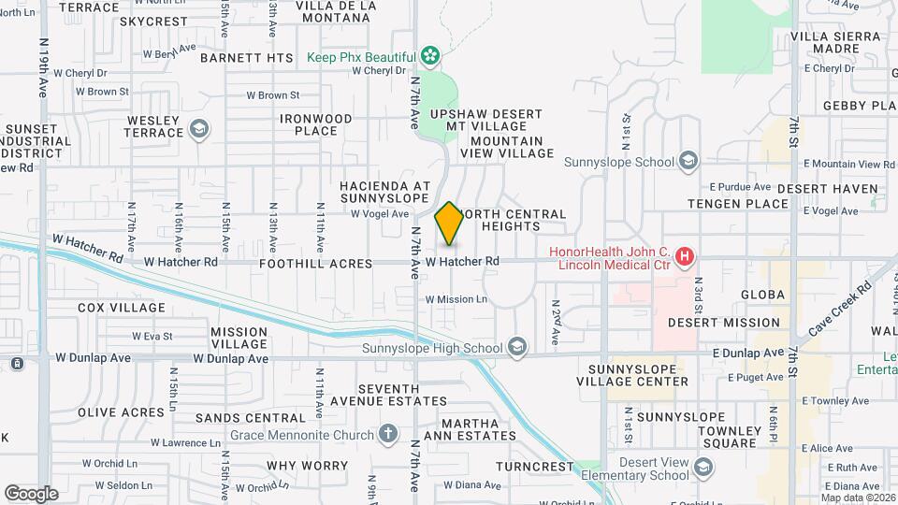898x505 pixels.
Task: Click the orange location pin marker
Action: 449,224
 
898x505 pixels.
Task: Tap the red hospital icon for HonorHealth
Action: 686,255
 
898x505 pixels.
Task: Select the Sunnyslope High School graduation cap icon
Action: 516,349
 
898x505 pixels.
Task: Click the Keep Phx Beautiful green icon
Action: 429,57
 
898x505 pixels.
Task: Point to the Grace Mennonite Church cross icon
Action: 388,433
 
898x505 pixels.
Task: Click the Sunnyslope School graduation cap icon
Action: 688,162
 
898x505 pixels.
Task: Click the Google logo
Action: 31,493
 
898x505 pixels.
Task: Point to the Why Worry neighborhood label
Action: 308,466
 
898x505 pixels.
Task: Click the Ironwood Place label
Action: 316,124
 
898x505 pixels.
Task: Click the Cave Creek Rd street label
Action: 840,306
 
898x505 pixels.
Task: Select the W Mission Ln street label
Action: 456,299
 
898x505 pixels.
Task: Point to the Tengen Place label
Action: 738,204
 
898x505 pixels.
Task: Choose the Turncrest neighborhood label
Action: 534,466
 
